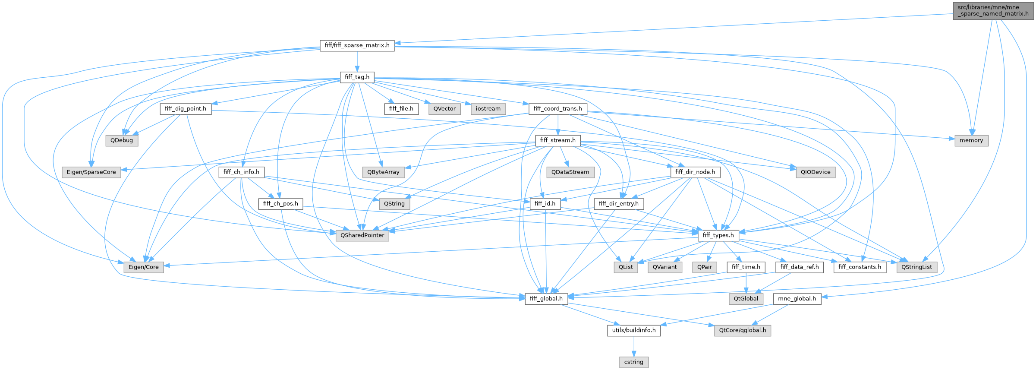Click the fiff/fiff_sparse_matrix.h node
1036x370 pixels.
[357, 45]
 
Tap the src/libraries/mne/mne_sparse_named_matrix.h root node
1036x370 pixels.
[993, 10]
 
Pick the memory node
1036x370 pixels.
[971, 140]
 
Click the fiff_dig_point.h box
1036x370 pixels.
[186, 108]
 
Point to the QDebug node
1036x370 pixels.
[122, 140]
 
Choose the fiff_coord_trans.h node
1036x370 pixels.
[557, 108]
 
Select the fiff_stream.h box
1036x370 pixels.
[557, 140]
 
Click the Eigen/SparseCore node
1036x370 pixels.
[91, 172]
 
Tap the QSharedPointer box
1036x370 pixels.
[362, 235]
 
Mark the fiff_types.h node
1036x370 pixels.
[718, 235]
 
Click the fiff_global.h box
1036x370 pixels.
[546, 298]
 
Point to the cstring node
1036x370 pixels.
[633, 362]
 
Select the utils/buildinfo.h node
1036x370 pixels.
[633, 330]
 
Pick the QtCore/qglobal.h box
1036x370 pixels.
[742, 330]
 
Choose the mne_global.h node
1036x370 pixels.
[797, 298]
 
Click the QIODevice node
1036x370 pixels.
[815, 172]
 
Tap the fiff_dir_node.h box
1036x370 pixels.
[695, 172]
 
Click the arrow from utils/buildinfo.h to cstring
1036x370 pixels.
[633, 346]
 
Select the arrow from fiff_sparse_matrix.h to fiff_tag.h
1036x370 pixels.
[357, 61]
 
